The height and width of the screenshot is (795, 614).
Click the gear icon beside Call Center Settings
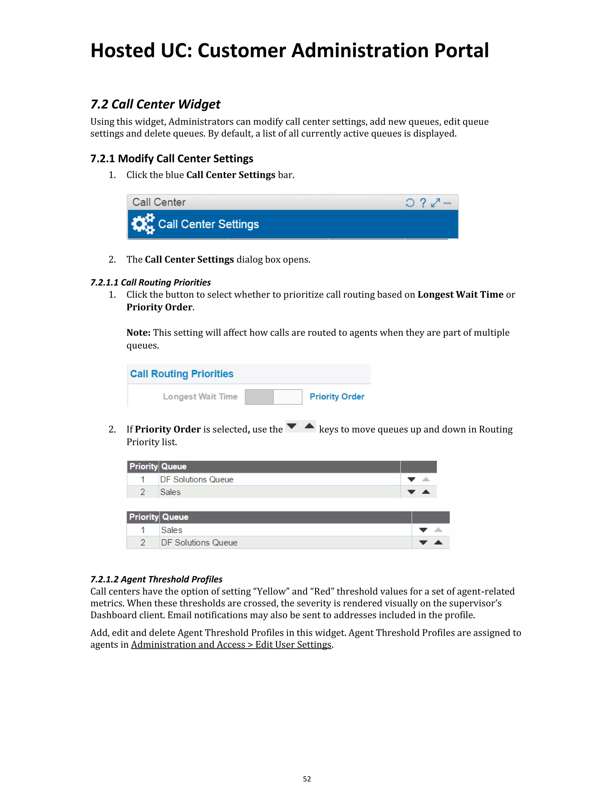point(143,224)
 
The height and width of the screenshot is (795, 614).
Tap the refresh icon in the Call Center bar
point(410,203)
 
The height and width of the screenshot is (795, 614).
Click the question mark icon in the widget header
point(423,203)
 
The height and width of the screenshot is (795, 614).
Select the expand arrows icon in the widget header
point(435,203)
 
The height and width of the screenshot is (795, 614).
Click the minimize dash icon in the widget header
point(447,203)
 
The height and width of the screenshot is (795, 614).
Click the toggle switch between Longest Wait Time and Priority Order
point(273,397)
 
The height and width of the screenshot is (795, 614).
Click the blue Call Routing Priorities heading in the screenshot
point(181,374)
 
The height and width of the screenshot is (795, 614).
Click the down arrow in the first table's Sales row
point(411,492)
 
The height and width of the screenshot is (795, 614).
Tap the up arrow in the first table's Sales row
point(426,492)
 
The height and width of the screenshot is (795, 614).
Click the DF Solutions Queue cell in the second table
point(199,543)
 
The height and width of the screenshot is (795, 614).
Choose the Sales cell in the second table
point(172,530)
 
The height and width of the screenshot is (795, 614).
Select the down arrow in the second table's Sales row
point(423,530)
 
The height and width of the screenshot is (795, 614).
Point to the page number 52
point(307,779)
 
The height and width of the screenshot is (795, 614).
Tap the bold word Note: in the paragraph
point(138,333)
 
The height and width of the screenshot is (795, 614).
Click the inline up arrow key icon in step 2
point(309,426)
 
